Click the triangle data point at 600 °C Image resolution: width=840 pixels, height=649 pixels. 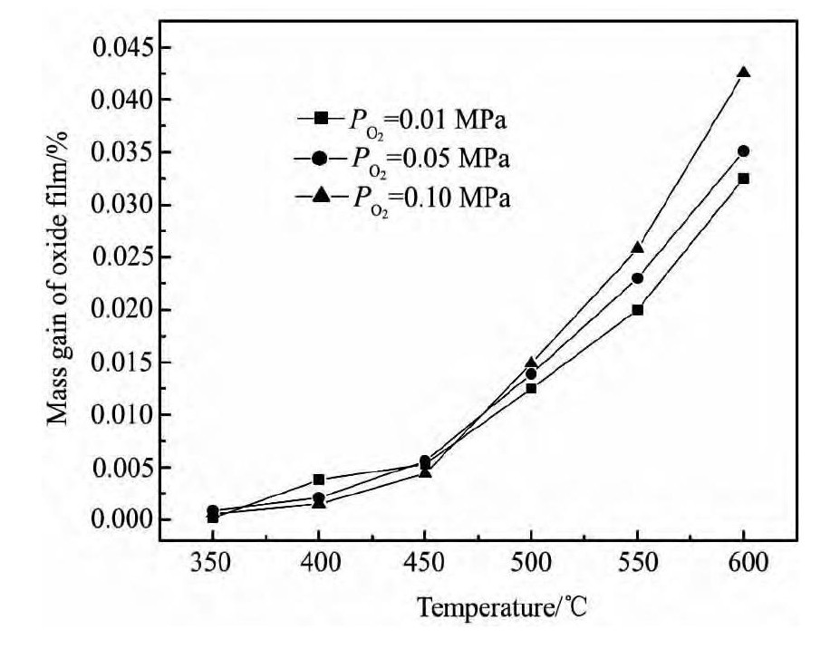(743, 73)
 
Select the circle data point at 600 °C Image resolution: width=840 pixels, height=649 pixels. (743, 151)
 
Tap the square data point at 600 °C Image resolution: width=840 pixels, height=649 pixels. (743, 179)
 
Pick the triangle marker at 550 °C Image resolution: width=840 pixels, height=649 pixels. (637, 247)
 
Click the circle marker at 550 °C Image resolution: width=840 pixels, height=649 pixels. (637, 278)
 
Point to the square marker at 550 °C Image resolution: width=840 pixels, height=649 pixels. (637, 310)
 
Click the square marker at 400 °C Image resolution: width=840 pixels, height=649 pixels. (319, 479)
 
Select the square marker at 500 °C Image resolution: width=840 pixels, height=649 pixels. (531, 388)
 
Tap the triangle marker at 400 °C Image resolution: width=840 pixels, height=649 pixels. (319, 502)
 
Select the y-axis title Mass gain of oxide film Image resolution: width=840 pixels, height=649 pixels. (58, 283)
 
